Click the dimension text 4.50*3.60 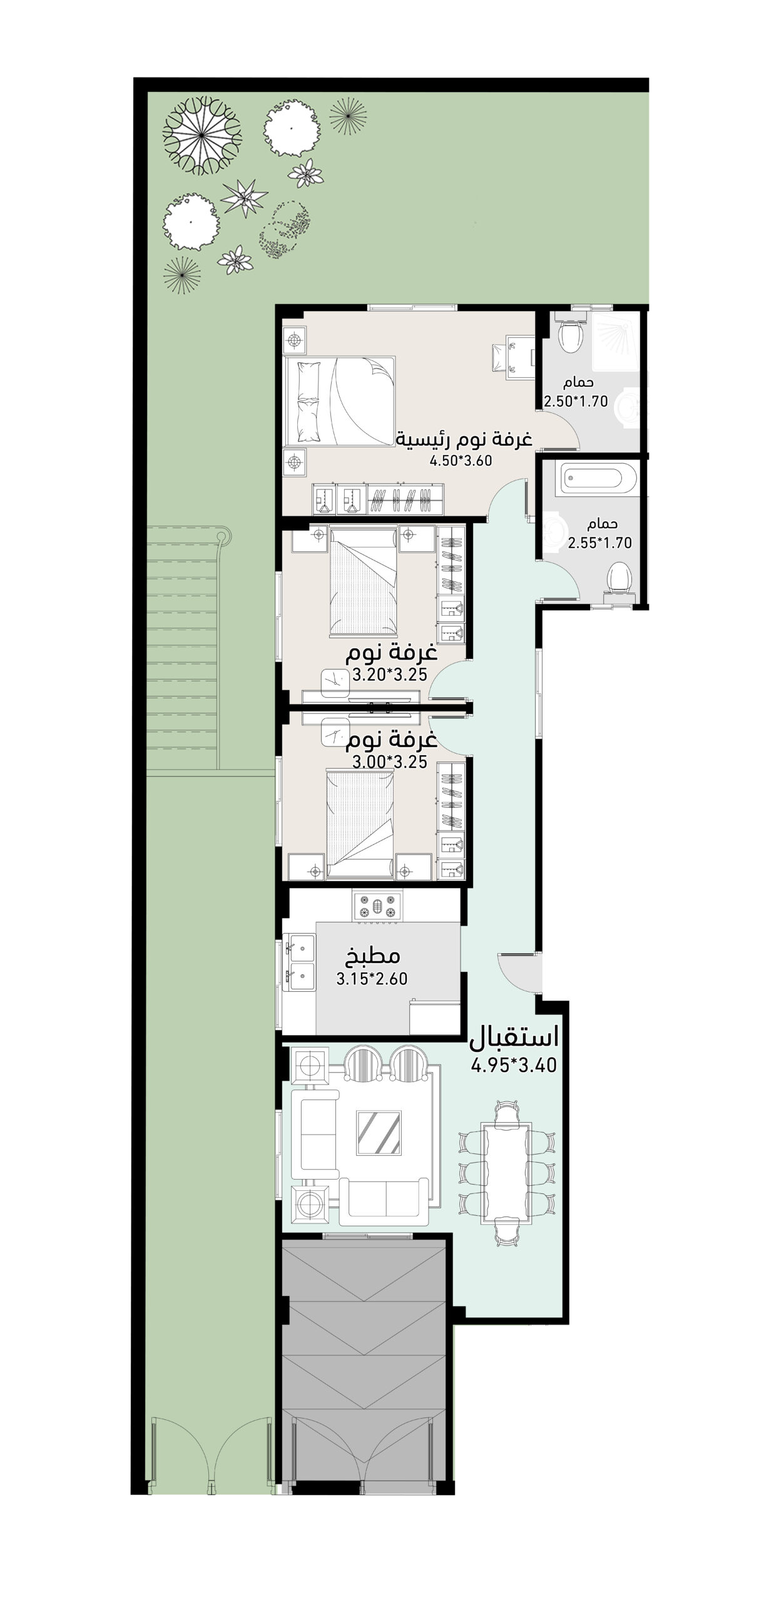pos(461,461)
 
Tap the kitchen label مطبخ pos(373,956)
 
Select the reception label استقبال pos(514,1038)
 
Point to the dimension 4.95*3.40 pos(514,1065)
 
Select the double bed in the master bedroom pos(340,400)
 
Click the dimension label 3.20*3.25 pos(390,675)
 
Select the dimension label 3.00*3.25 pos(390,762)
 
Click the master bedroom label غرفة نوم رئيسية pos(464,439)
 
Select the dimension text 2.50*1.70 pos(576,402)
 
